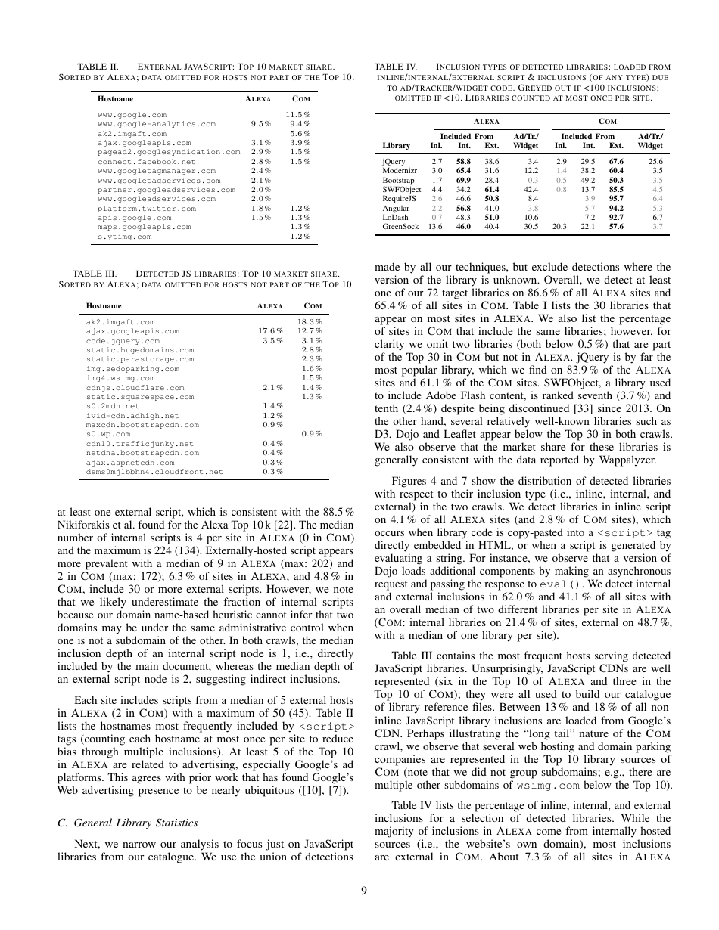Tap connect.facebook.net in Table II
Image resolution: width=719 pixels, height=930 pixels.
pyautogui.click(x=147, y=161)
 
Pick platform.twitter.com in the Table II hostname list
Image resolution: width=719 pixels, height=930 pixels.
pyautogui.click(x=147, y=208)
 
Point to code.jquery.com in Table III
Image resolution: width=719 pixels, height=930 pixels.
pyautogui.click(x=123, y=341)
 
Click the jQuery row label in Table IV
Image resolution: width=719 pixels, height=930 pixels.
pyautogui.click(x=394, y=161)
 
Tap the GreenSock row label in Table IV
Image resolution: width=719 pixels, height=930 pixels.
pyautogui.click(x=400, y=226)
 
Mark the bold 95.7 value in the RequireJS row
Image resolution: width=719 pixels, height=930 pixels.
pyautogui.click(x=615, y=198)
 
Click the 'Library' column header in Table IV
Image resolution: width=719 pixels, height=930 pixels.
pyautogui.click(x=397, y=145)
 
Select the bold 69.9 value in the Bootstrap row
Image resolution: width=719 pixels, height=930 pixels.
pyautogui.click(x=464, y=180)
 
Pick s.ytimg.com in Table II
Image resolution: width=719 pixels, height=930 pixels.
pyautogui.click(x=125, y=236)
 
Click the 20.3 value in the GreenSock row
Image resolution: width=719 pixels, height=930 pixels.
pyautogui.click(x=560, y=226)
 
